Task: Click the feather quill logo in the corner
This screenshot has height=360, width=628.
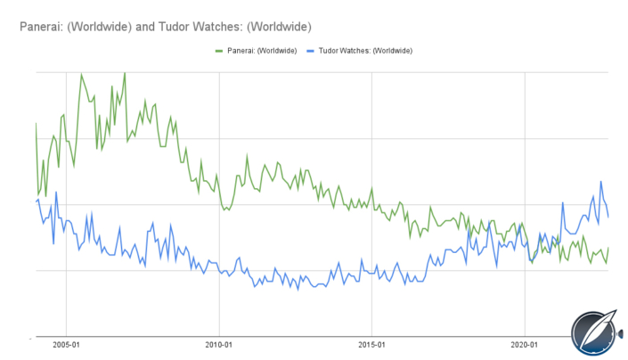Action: [x=593, y=330]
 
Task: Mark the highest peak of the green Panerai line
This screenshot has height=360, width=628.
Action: [x=124, y=73]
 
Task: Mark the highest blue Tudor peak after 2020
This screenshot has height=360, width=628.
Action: [x=601, y=182]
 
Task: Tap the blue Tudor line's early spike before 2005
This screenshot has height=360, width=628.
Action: [x=56, y=192]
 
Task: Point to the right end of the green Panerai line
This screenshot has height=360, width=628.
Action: [x=609, y=249]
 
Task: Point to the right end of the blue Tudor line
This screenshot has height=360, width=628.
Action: [x=609, y=217]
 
